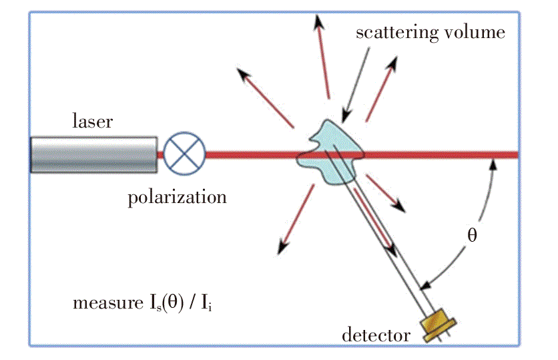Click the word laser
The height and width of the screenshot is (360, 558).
(93, 122)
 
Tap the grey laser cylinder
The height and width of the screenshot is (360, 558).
(94, 154)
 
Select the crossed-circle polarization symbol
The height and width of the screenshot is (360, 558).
(185, 154)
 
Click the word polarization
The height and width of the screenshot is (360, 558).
(177, 197)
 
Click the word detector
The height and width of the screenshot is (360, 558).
(376, 335)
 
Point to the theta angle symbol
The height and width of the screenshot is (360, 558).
(472, 235)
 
